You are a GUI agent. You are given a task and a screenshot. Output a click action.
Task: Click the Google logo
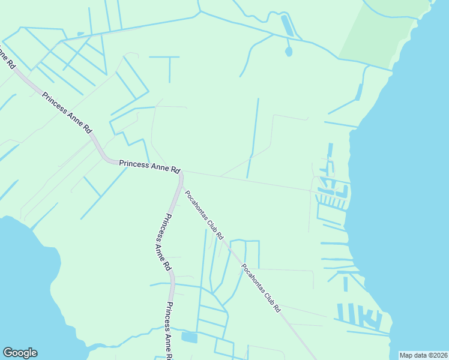click(x=20, y=353)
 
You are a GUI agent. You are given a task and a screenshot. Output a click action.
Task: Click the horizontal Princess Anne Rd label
click(x=149, y=166)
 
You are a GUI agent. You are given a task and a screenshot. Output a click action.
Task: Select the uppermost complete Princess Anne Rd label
click(x=67, y=112)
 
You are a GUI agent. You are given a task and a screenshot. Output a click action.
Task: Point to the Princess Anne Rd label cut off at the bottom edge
click(x=167, y=331)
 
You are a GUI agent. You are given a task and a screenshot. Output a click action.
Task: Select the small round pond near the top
click(x=289, y=52)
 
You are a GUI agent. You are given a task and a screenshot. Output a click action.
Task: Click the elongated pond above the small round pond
click(x=287, y=26)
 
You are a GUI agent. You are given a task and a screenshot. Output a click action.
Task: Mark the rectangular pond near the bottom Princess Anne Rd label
click(x=189, y=338)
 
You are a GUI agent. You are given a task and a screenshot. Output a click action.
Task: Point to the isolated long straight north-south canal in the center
click(x=253, y=138)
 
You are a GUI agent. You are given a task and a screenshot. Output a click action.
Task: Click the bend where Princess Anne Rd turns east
click(x=108, y=160)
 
